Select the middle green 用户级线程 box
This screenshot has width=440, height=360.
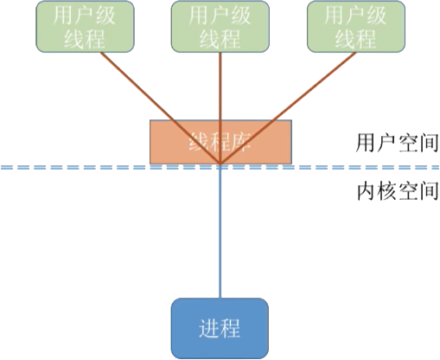220,26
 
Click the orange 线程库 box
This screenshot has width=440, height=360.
220,142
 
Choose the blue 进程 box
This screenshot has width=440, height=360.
220,328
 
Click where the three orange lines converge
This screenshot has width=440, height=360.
221,164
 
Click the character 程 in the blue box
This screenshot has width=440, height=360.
232,329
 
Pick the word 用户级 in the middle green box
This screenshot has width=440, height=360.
220,16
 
